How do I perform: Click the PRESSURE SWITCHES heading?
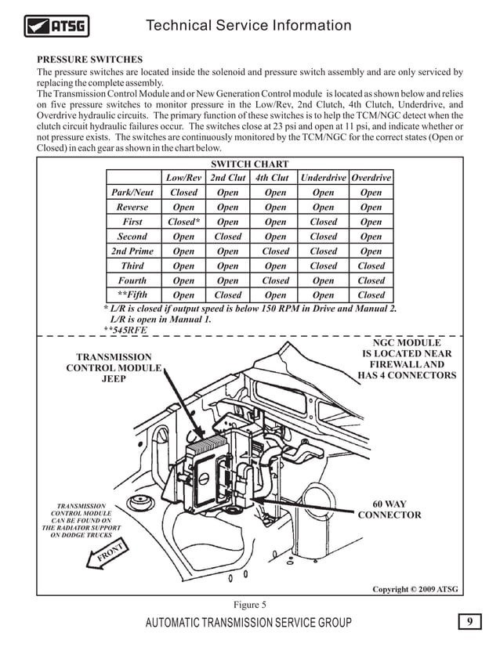point(90,60)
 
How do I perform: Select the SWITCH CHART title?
point(250,164)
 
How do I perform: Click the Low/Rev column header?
point(183,178)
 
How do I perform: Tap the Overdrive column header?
point(371,178)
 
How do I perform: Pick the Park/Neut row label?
point(132,193)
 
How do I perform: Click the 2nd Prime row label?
point(132,251)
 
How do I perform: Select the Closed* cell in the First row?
point(184,222)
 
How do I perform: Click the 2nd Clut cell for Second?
point(228,237)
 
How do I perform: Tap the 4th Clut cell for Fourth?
point(275,280)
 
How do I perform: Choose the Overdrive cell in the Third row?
point(371,266)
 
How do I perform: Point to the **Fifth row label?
point(132,295)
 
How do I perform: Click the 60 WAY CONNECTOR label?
point(389,509)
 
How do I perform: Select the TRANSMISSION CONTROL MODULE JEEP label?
point(114,368)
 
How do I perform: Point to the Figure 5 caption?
point(250,604)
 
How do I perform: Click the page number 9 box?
point(469,622)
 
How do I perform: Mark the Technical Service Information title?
point(249,26)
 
